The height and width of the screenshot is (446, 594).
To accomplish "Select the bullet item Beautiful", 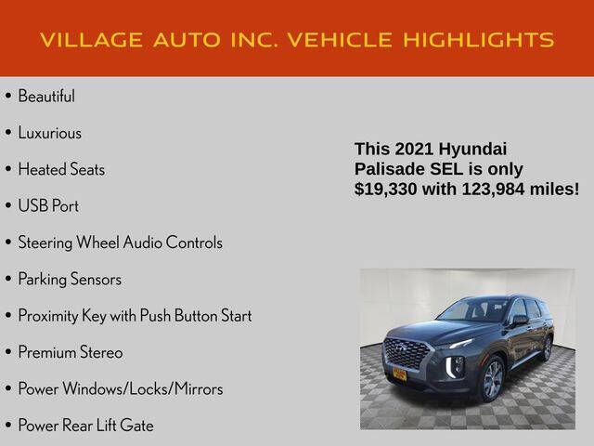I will point(46,97).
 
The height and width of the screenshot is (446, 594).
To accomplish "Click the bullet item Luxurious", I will point(49,133).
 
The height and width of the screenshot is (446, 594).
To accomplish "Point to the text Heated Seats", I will point(61,170).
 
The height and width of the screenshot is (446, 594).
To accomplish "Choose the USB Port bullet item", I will point(48,206).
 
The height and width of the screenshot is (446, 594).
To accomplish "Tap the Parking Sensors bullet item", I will point(70,280).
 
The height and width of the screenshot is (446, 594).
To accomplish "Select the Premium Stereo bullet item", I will point(71,353).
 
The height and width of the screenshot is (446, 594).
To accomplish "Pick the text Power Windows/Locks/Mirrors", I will point(121,389).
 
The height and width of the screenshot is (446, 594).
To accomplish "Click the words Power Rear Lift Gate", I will point(85,426).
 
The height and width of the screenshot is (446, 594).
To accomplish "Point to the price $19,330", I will point(389,190).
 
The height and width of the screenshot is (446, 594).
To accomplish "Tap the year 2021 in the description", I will point(412,149).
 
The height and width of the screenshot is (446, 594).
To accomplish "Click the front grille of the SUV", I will point(408,354).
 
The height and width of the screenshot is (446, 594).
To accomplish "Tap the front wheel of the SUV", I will point(493,380).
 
